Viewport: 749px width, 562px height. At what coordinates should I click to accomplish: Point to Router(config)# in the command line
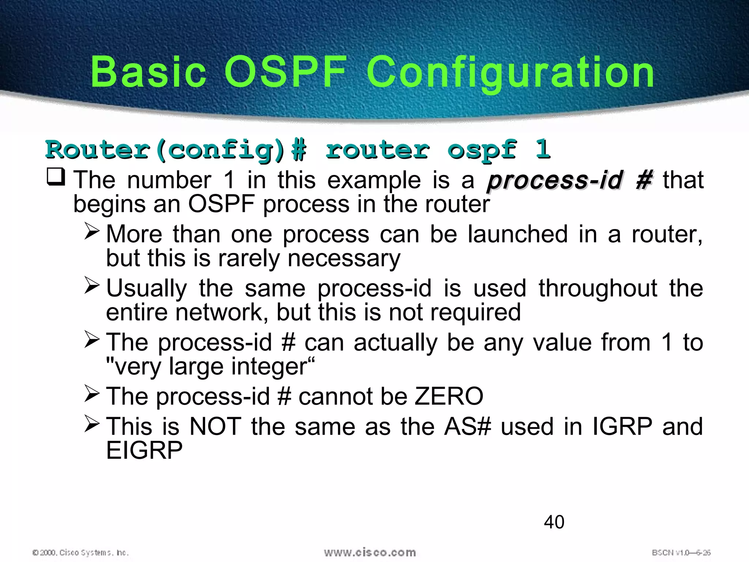click(176, 150)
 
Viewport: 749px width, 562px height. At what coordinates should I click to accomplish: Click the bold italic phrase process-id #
click(569, 180)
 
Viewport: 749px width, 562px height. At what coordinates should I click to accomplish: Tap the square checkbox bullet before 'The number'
click(56, 177)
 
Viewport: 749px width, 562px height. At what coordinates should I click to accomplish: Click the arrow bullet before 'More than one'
click(92, 231)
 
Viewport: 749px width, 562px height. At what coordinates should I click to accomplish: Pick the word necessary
click(344, 258)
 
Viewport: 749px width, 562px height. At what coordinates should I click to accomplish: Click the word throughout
click(598, 288)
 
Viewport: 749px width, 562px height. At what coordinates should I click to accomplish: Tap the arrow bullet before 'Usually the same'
click(92, 285)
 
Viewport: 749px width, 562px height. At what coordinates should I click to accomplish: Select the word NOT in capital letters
click(215, 427)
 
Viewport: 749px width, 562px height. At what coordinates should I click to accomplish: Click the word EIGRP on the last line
click(144, 450)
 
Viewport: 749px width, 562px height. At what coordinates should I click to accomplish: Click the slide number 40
click(554, 522)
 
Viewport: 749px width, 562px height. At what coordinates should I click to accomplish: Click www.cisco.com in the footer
click(370, 552)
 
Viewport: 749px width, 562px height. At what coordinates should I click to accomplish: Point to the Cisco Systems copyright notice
click(80, 552)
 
